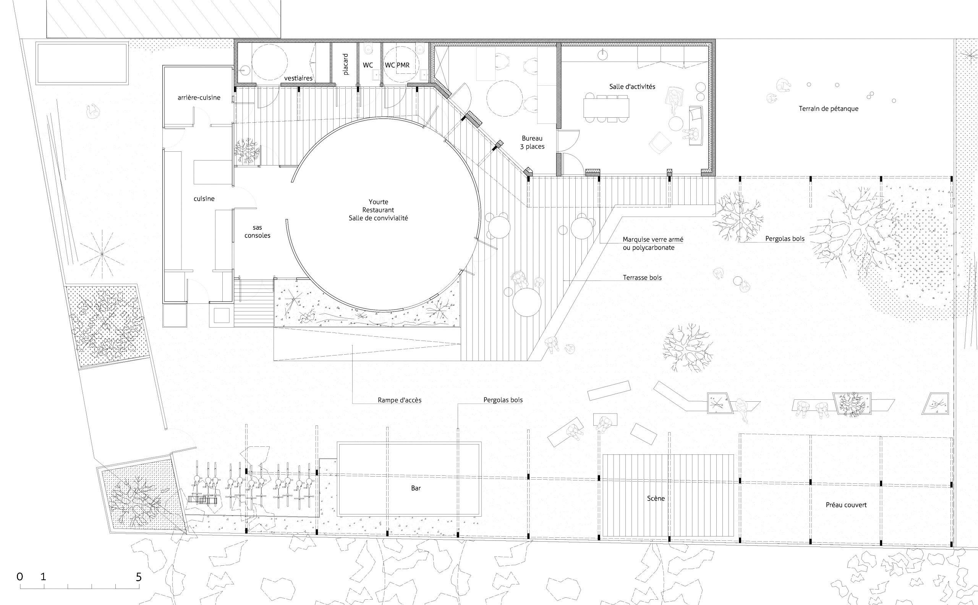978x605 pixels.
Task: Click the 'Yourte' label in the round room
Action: (378, 202)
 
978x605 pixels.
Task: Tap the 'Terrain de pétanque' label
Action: (828, 109)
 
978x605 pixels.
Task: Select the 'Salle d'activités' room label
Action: (632, 86)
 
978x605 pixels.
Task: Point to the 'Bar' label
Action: (416, 488)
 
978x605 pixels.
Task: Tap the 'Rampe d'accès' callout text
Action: (400, 400)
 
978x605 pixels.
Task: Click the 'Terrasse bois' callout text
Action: (643, 277)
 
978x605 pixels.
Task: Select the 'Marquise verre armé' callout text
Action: (653, 240)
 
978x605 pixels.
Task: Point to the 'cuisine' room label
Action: (204, 198)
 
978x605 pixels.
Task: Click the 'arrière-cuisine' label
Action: (199, 97)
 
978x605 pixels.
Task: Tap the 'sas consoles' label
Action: (257, 231)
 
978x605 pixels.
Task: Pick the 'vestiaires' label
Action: (298, 78)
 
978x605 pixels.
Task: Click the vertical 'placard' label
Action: (346, 65)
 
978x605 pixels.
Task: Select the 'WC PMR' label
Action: (397, 65)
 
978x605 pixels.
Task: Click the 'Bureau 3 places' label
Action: (532, 143)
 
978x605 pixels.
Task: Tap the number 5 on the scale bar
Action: (138, 577)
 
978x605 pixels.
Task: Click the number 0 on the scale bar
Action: (19, 577)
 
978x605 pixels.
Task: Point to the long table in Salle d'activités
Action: (606, 108)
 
